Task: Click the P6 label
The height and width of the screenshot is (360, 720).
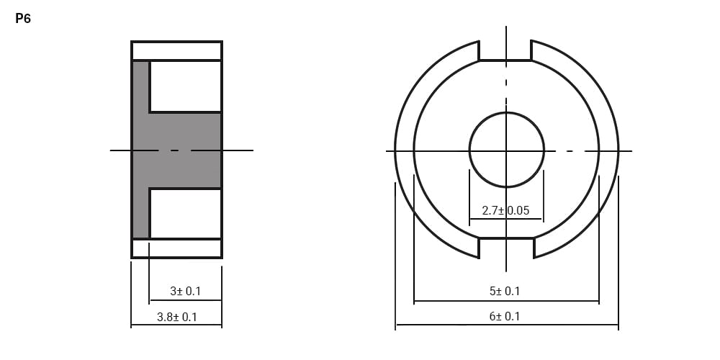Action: pos(23,19)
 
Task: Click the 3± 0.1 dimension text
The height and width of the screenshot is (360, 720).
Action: pos(185,291)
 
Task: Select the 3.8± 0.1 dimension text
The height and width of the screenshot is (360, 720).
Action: pos(177,317)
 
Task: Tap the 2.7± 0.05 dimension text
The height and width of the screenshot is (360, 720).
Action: pos(505,211)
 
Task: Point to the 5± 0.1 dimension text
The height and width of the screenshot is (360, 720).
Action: pos(505,291)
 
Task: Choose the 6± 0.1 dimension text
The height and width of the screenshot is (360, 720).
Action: pos(505,316)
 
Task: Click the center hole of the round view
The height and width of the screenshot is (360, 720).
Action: pos(506,150)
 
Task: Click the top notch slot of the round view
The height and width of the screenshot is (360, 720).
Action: pos(505,50)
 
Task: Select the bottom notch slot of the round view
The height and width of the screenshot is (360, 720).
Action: pos(506,248)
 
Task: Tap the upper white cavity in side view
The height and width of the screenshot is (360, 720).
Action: pos(186,86)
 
